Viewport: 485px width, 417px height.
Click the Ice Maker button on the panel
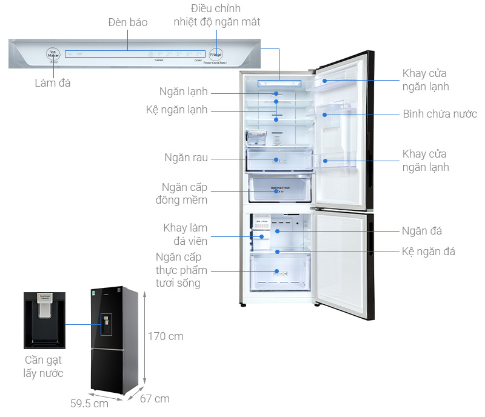pyautogui.click(x=53, y=55)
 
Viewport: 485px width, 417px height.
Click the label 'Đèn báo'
pyautogui.click(x=127, y=22)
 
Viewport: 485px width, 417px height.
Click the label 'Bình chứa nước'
pyautogui.click(x=440, y=114)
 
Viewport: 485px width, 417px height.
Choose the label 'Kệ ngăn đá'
pyautogui.click(x=428, y=251)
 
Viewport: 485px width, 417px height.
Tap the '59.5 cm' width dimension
pyautogui.click(x=89, y=403)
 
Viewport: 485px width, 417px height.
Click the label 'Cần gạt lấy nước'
pyautogui.click(x=44, y=367)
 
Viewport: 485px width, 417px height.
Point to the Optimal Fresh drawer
pyautogui.click(x=279, y=188)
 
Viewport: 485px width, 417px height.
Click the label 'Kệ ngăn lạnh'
pyautogui.click(x=177, y=110)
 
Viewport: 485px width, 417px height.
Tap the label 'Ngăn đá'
pyautogui.click(x=421, y=231)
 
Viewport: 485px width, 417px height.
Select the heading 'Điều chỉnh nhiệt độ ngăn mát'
pyautogui.click(x=216, y=15)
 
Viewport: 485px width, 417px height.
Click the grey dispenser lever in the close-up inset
pyautogui.click(x=44, y=310)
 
